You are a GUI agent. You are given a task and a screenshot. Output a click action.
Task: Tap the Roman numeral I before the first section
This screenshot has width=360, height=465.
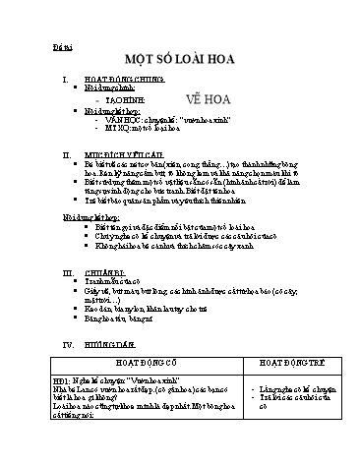(x=64, y=78)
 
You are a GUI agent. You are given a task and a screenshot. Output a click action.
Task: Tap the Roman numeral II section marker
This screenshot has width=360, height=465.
(x=65, y=155)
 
